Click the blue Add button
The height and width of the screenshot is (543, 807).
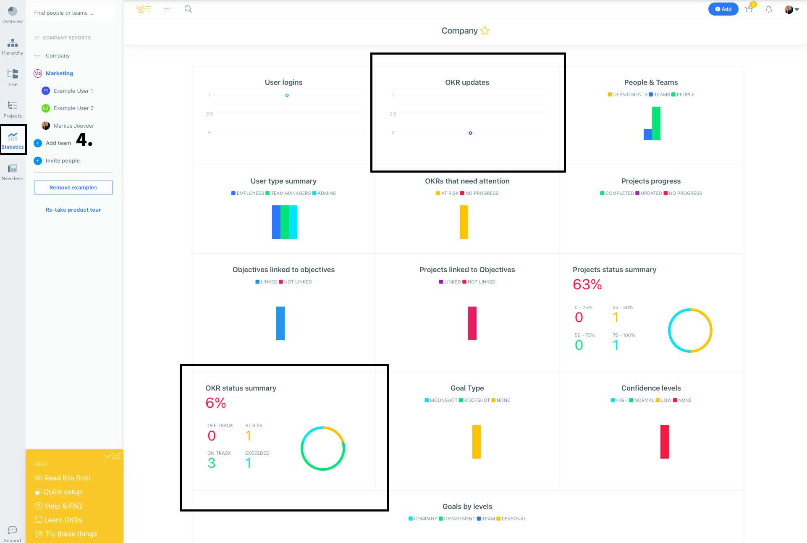click(x=723, y=9)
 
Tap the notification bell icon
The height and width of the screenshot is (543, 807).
click(x=769, y=9)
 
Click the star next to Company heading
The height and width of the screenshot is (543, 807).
click(x=485, y=31)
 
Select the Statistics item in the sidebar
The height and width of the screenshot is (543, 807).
click(x=13, y=140)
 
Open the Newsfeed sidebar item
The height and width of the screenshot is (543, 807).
click(x=13, y=172)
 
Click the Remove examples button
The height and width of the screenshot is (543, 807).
click(x=73, y=187)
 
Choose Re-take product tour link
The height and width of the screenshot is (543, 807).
click(x=73, y=210)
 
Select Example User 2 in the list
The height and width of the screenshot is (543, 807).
click(x=73, y=108)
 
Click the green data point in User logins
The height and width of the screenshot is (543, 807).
click(x=287, y=95)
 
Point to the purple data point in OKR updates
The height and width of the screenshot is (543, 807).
click(x=470, y=133)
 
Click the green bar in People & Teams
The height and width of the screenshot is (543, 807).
click(x=656, y=123)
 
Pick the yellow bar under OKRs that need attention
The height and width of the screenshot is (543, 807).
click(x=464, y=222)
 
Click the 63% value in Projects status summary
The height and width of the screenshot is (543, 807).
click(x=587, y=285)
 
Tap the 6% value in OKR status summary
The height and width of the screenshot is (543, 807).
click(x=216, y=403)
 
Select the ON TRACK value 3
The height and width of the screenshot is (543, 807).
click(x=211, y=463)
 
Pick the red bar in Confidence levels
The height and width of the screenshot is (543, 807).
click(x=664, y=441)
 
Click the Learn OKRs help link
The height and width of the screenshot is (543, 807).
click(x=63, y=520)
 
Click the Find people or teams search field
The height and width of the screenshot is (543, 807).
click(x=73, y=13)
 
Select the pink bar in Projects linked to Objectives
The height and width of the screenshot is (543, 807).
click(x=472, y=323)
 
